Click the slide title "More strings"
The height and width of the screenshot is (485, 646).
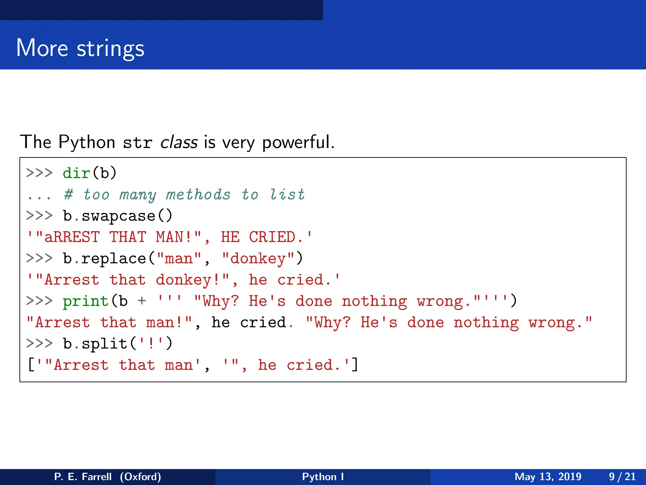80,48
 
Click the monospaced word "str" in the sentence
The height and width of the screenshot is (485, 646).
138,143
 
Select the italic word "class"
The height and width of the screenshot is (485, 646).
179,142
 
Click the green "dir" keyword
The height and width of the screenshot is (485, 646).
77,173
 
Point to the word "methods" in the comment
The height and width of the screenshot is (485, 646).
198,195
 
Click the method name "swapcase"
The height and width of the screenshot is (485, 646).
119,216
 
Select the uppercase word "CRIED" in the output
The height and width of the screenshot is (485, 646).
272,237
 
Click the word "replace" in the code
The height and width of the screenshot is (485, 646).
114,259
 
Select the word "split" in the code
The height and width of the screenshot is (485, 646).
104,344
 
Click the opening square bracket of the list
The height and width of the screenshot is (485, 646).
31,365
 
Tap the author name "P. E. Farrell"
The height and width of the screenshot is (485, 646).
83,476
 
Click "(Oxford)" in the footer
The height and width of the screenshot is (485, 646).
140,476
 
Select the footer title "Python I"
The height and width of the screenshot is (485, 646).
323,476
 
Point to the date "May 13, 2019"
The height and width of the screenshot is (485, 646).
548,476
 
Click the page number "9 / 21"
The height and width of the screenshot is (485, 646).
622,476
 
